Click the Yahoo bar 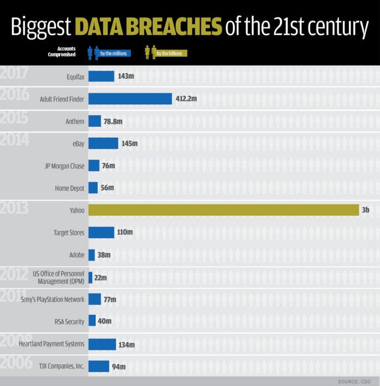(223, 210)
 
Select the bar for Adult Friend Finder (130, 99)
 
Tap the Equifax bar (101, 76)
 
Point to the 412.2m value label (186, 99)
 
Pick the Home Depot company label (69, 188)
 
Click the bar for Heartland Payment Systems (102, 344)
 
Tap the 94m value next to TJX (119, 366)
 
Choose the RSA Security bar (92, 321)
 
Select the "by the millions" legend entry (113, 53)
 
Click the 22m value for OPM (100, 278)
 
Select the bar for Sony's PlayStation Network (94, 299)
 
